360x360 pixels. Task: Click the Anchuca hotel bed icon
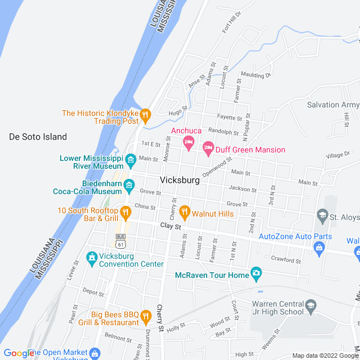point(188,142)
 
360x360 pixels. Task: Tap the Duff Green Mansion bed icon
point(208,149)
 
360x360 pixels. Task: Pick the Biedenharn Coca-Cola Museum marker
point(129,185)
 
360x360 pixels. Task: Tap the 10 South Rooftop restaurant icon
point(125,213)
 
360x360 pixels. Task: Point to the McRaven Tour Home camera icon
point(256,275)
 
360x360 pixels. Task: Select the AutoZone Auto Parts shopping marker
point(319,247)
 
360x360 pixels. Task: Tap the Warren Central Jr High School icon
point(310,307)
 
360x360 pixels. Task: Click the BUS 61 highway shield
point(120,241)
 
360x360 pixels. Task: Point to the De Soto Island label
point(38,137)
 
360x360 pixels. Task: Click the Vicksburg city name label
point(179,181)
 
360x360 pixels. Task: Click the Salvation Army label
point(332,105)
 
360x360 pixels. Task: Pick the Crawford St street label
point(286,260)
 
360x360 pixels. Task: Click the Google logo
point(18,353)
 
